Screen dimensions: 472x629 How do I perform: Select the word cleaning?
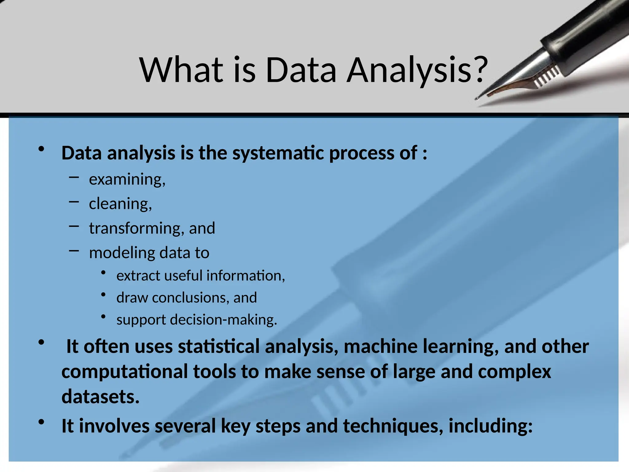[120, 204]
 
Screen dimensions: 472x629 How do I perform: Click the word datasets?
[100, 397]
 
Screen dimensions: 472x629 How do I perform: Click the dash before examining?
[74, 177]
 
